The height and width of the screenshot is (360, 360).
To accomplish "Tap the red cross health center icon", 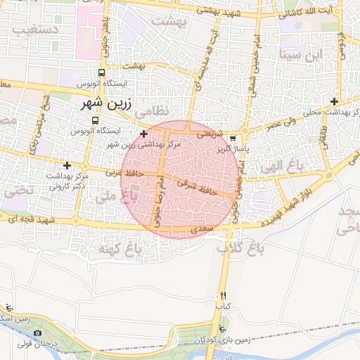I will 144,134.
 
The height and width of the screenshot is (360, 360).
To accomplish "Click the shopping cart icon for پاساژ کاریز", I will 243,139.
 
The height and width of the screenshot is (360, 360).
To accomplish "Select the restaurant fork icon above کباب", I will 224,295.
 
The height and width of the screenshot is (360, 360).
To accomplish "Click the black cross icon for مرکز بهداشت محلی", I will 335,101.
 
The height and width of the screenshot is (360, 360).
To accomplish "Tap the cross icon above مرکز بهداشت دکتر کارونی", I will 67,165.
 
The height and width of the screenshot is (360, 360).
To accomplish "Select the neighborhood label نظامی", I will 152,112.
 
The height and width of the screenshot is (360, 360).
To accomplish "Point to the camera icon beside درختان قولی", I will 37,333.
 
